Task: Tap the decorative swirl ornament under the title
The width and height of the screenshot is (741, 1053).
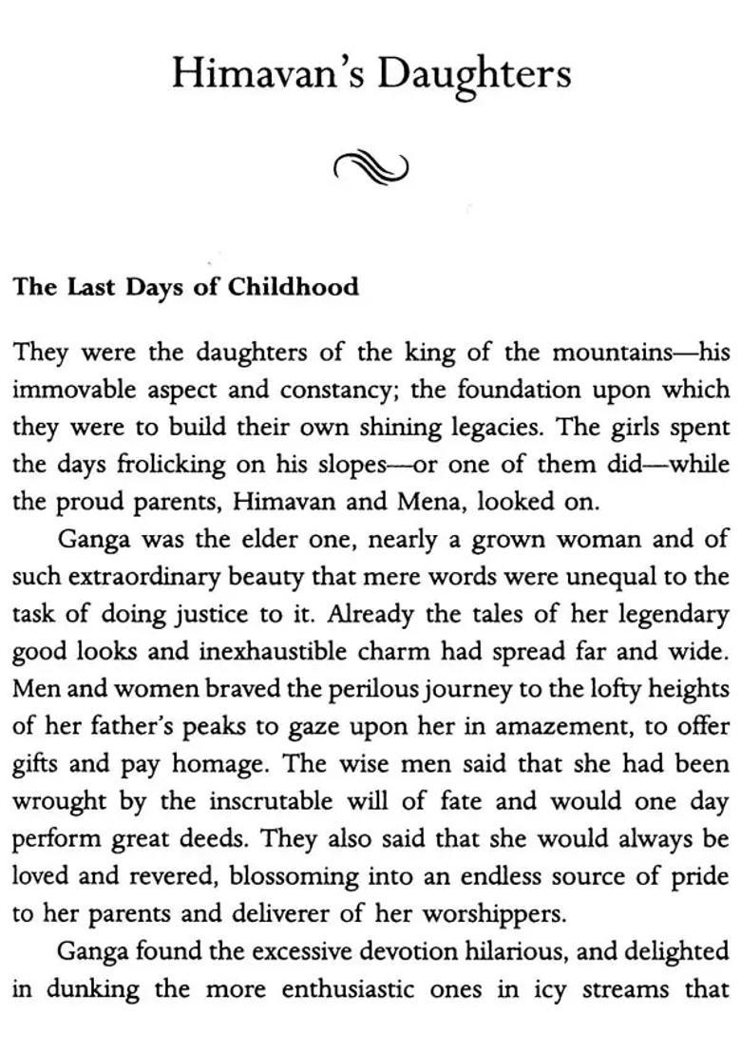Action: [x=370, y=169]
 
